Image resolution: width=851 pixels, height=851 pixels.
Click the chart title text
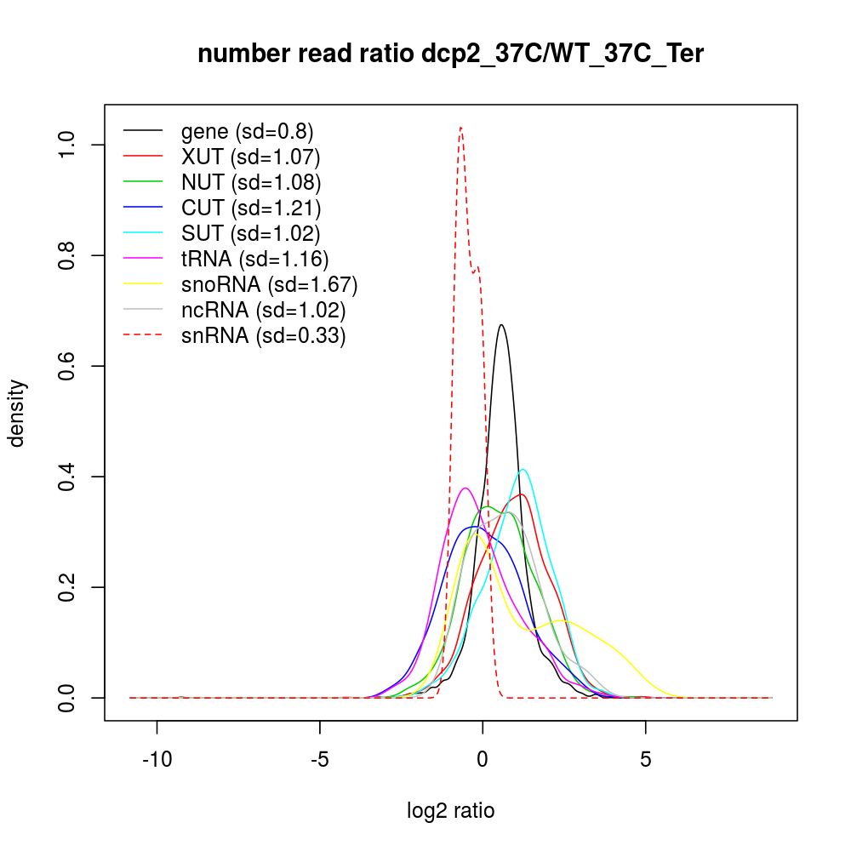[451, 54]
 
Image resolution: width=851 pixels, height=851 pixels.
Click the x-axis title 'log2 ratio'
[451, 811]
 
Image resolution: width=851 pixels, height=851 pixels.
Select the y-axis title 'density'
[18, 414]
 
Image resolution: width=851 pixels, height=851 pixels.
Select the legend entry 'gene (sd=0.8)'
[247, 131]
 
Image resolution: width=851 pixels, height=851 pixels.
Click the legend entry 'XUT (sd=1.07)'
[250, 157]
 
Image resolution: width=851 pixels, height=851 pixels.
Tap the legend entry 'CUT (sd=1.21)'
[250, 208]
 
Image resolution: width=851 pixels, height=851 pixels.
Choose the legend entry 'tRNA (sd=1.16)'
[254, 259]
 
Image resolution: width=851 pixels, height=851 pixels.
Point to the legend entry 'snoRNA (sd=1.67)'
[269, 284]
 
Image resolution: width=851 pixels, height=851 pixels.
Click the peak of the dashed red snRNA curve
[460, 128]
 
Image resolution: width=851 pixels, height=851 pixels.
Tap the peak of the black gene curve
[501, 324]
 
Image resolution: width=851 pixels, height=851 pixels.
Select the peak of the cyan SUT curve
[523, 469]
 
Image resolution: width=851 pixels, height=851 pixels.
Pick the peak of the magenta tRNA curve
[465, 488]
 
